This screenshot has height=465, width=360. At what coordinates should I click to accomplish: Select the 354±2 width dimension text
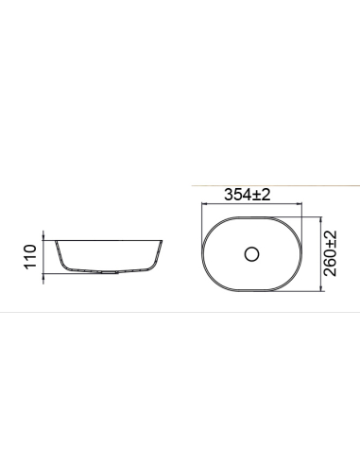tap(248, 195)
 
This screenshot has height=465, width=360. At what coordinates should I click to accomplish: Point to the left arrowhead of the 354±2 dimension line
tap(203, 206)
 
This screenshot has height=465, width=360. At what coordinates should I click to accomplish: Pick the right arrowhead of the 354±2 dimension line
tap(300, 206)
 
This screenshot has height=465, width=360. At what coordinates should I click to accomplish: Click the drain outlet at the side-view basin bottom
tap(109, 272)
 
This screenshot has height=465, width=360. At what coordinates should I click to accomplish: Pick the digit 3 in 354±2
tap(229, 195)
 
